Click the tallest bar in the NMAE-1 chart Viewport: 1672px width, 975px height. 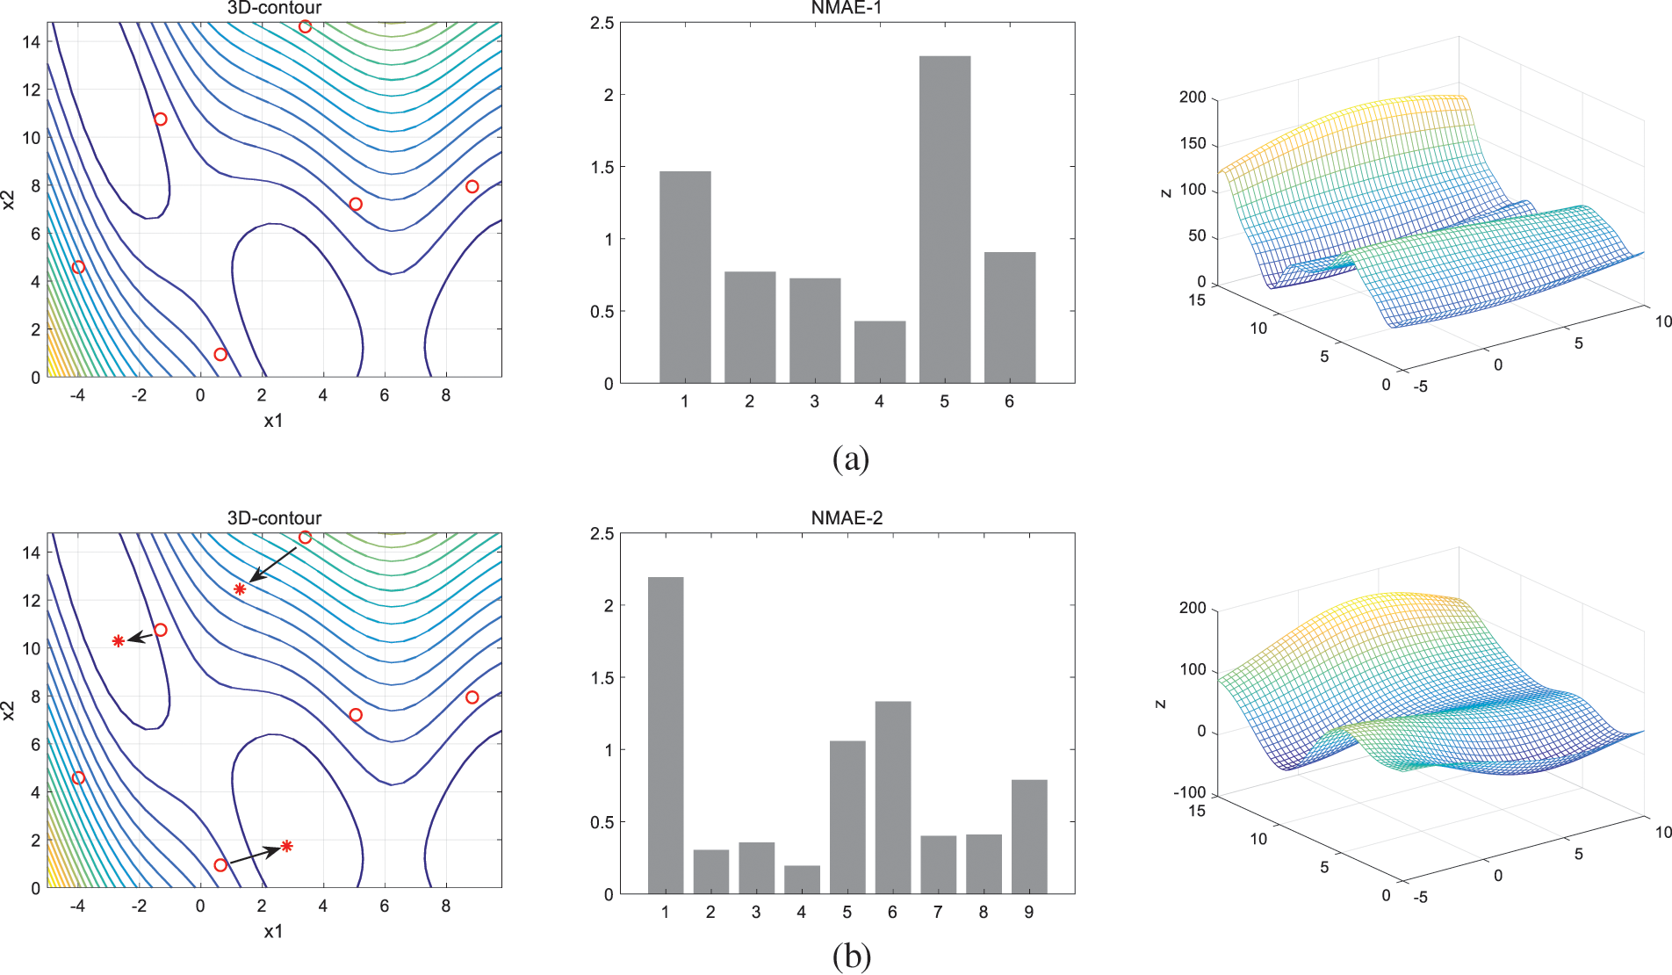coord(944,220)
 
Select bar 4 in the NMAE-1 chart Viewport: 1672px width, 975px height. coord(879,352)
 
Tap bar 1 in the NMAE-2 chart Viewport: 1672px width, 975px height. coord(665,735)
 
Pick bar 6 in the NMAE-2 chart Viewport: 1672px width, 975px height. coord(892,798)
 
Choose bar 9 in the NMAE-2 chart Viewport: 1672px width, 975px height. coord(1028,837)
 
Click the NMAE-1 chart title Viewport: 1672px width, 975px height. coord(846,8)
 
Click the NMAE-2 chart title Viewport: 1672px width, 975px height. coord(846,518)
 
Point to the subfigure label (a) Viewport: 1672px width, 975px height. coord(850,459)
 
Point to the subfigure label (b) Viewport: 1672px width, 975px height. coord(850,956)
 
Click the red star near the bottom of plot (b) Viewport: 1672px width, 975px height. coord(286,847)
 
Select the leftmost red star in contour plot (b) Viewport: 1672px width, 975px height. coord(119,641)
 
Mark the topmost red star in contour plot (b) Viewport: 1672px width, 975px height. coord(240,589)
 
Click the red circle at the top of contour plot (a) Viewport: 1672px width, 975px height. coord(305,26)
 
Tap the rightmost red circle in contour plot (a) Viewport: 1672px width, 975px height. coord(472,186)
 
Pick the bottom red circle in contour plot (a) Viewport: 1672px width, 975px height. coord(220,355)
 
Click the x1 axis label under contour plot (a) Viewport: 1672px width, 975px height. coord(273,421)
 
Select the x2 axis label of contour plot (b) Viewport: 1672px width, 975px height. coord(10,711)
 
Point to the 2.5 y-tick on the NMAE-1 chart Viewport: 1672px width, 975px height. coord(602,23)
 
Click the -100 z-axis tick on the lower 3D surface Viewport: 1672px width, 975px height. coord(1189,792)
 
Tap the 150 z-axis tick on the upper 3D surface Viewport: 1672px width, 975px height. coord(1193,143)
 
